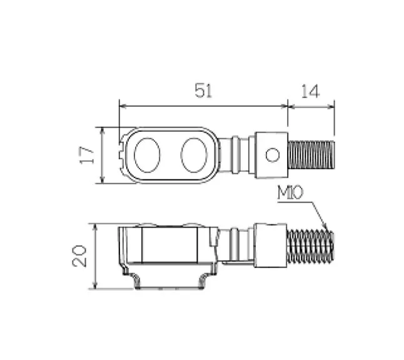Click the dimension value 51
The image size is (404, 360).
pyautogui.click(x=203, y=91)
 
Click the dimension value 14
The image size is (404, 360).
pyautogui.click(x=310, y=91)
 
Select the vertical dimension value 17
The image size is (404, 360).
pyautogui.click(x=88, y=155)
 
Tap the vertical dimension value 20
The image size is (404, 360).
pyautogui.click(x=80, y=256)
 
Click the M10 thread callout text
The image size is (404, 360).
pyautogui.click(x=290, y=194)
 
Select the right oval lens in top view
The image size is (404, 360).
pyautogui.click(x=194, y=155)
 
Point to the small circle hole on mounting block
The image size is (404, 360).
pyautogui.click(x=272, y=154)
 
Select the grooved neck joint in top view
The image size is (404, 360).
pyautogui.click(x=237, y=155)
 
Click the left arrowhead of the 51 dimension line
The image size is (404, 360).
pyautogui.click(x=122, y=106)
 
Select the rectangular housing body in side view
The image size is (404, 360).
pyautogui.click(x=170, y=245)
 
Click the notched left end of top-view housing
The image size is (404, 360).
pyautogui.click(x=121, y=155)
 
